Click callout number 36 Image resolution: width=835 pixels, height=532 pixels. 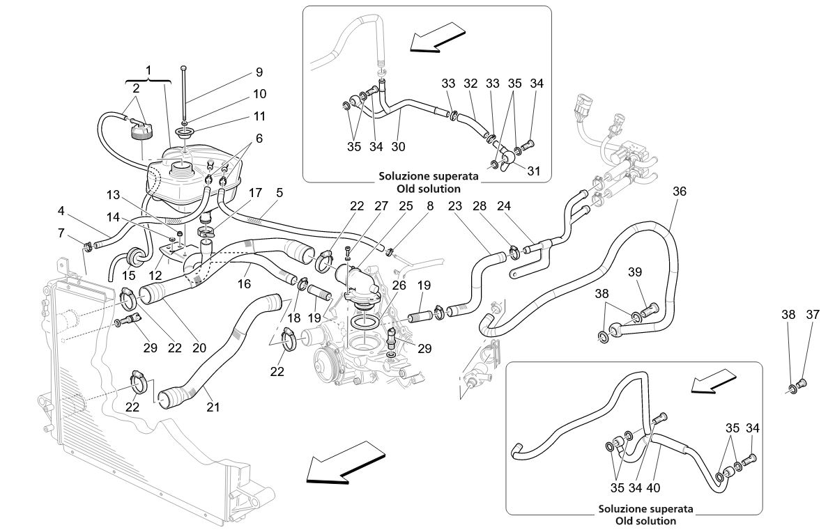pos(680,191)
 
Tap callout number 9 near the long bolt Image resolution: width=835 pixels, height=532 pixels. pos(259,72)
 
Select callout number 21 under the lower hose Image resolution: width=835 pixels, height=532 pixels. pos(213,407)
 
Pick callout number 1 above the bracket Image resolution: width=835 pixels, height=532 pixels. pos(148,70)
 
